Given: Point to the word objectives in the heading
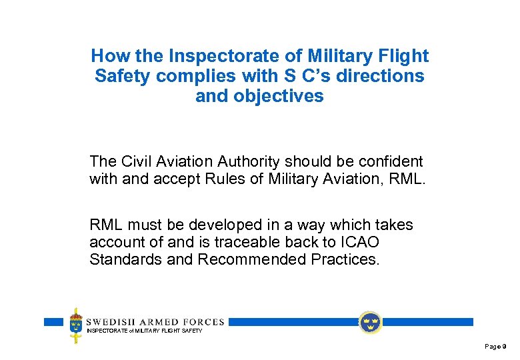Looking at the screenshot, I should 278,96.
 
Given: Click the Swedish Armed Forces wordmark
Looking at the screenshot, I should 155,321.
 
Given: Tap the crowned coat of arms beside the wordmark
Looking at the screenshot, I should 76,325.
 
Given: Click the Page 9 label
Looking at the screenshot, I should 495,347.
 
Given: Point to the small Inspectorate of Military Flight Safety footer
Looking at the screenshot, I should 144,331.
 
